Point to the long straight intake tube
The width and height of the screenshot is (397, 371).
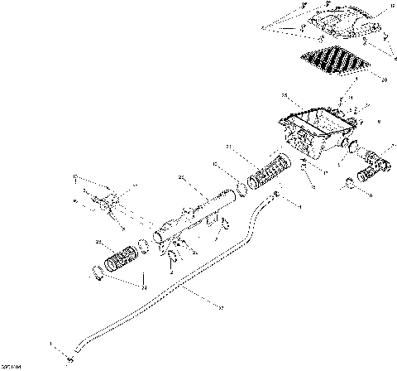198,219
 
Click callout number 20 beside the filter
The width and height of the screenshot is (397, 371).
385,79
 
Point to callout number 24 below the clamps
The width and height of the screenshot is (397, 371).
144,287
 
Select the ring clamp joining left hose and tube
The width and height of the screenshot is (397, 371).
144,245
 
